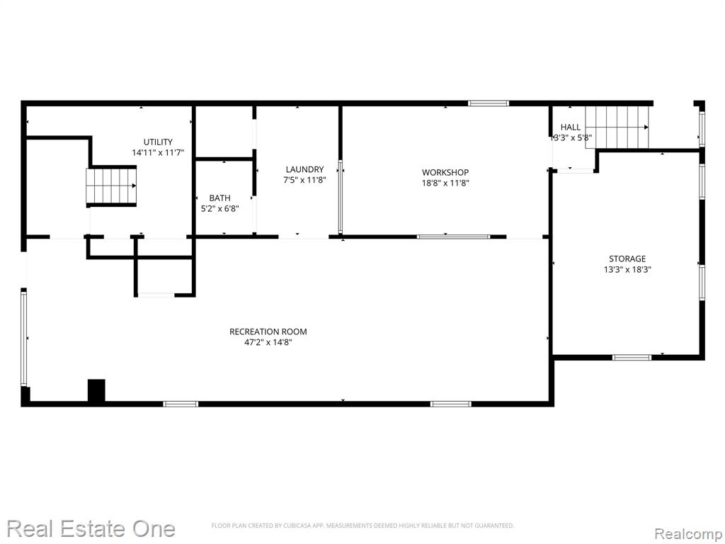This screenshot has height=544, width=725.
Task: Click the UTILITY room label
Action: click(158, 142)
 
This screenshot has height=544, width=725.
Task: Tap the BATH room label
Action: click(219, 198)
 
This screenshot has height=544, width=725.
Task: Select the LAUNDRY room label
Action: click(304, 169)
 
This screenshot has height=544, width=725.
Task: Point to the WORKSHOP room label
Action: click(445, 173)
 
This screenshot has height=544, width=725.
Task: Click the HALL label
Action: click(571, 127)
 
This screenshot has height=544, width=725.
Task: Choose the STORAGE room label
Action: click(627, 259)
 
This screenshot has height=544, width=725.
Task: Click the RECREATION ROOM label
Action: click(268, 331)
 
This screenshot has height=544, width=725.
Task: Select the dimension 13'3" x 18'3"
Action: click(627, 269)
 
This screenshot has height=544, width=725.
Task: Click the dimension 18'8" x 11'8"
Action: click(445, 183)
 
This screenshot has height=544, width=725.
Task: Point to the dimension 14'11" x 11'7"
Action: click(158, 153)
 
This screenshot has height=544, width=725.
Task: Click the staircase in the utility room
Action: click(111, 186)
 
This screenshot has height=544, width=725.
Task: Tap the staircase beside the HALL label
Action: click(617, 127)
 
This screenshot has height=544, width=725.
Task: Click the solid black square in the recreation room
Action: click(96, 390)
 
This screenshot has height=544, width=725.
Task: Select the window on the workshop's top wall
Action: click(489, 103)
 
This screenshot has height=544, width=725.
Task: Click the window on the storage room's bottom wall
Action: click(632, 357)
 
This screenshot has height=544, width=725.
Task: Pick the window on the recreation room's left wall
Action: click(23, 336)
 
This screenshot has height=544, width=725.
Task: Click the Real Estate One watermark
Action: click(91, 528)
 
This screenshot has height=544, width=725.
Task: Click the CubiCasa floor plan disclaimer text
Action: click(362, 526)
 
